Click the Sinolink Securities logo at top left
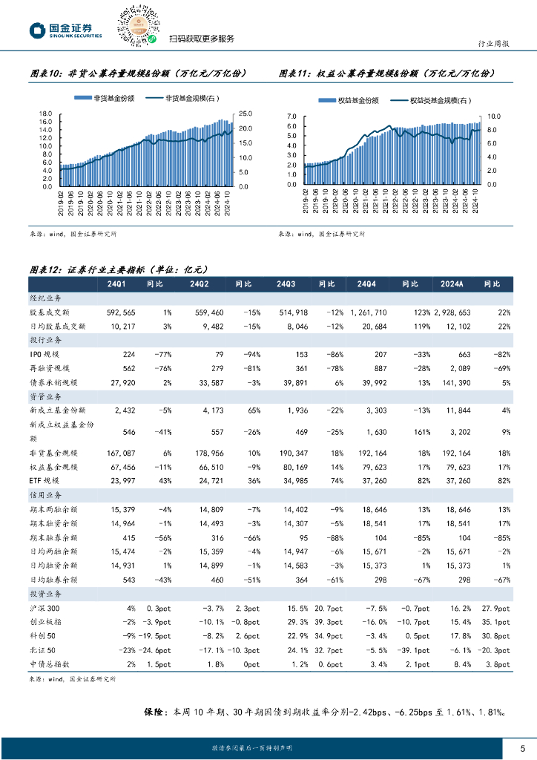[65, 30]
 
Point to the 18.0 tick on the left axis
[45, 114]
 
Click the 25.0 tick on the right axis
[246, 114]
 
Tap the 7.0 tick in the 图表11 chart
[290, 117]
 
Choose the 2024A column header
[452, 284]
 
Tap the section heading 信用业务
[47, 494]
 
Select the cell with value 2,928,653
[449, 312]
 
